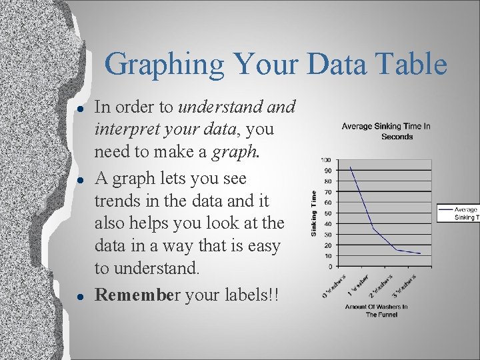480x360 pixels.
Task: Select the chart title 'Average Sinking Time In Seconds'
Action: [386, 131]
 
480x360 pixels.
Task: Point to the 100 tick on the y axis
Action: [327, 160]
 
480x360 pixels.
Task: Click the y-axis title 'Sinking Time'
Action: [314, 213]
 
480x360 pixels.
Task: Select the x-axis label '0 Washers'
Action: [334, 285]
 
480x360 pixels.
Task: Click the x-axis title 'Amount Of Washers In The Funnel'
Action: [377, 311]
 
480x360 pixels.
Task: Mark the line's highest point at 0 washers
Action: [350, 167]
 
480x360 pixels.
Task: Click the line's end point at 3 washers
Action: [420, 254]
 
